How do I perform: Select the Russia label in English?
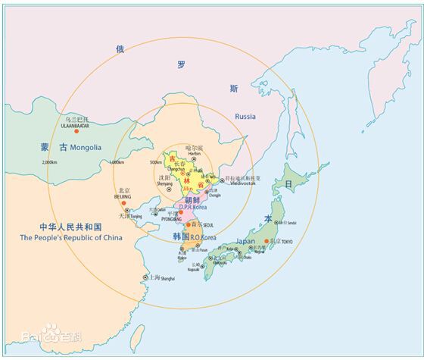click(x=245, y=117)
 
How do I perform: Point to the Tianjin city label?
click(x=136, y=216)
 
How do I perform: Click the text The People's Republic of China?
click(x=70, y=237)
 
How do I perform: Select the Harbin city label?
click(x=195, y=153)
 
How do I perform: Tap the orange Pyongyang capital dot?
click(x=180, y=214)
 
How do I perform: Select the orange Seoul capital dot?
click(x=189, y=225)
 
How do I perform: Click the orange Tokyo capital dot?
click(x=266, y=241)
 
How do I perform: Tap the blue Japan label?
click(x=246, y=241)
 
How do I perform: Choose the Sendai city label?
click(x=291, y=223)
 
